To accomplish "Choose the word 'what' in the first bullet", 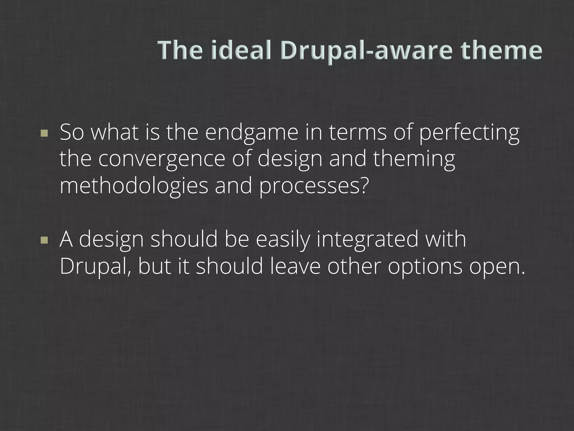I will click(x=115, y=133).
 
